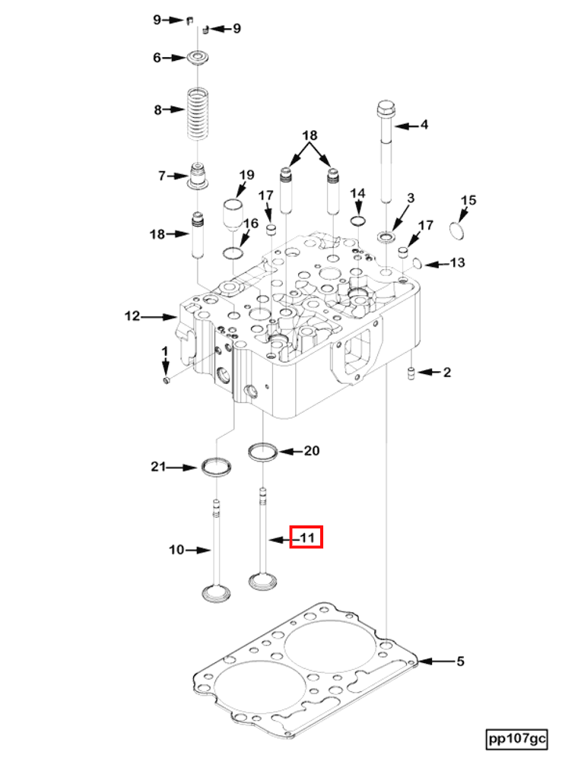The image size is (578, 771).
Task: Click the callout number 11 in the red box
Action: point(307,538)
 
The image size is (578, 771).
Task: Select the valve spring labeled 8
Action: point(198,113)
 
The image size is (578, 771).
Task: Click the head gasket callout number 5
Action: point(459,662)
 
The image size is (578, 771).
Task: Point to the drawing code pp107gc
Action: point(517,738)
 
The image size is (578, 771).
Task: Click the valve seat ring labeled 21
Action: point(216,466)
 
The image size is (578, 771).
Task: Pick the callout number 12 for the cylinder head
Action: point(133,316)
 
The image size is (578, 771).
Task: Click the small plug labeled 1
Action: point(167,379)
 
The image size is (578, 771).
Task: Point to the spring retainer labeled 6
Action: point(198,58)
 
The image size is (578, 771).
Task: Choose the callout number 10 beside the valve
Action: point(176,549)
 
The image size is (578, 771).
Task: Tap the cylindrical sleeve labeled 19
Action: point(232,212)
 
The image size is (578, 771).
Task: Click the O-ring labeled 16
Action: point(233,252)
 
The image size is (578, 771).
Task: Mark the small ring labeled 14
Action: point(357,221)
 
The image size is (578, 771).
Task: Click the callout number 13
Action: point(456,263)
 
